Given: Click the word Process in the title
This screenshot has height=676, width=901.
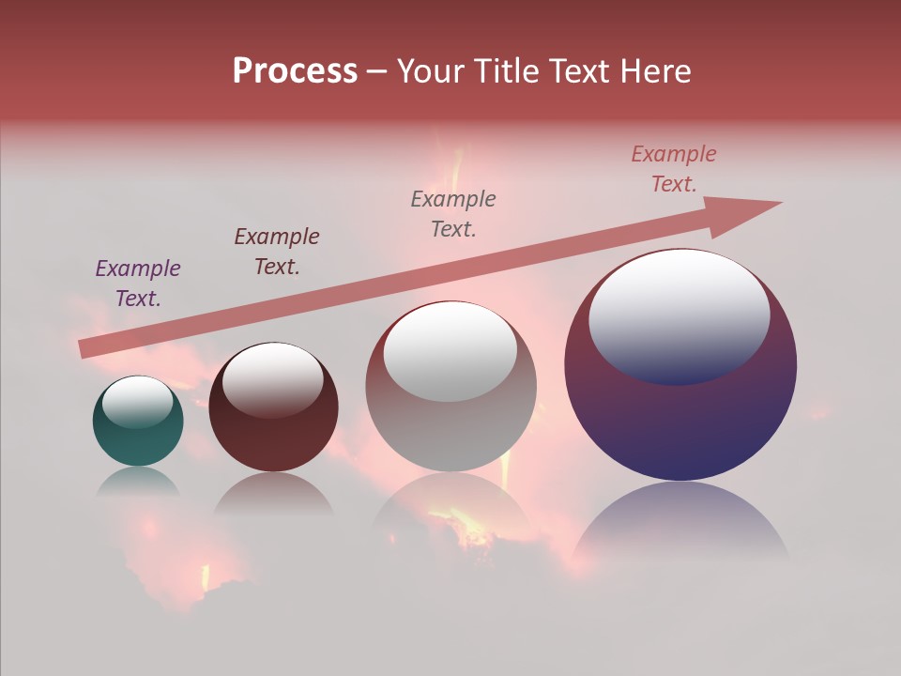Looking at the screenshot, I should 295,71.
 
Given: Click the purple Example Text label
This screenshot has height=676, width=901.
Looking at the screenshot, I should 138,284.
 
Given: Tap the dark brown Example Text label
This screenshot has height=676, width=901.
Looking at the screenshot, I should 277,252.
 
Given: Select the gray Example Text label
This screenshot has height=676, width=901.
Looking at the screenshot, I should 453,214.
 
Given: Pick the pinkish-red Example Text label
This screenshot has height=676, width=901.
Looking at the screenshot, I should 674,169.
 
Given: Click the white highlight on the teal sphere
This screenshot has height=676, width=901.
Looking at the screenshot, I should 138,402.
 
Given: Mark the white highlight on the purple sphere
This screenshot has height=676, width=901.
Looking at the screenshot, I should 680,315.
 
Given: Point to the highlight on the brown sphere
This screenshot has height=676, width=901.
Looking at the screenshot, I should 273,379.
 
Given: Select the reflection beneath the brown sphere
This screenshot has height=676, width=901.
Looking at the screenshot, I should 273,495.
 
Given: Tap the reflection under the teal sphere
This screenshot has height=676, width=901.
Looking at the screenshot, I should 138,482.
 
